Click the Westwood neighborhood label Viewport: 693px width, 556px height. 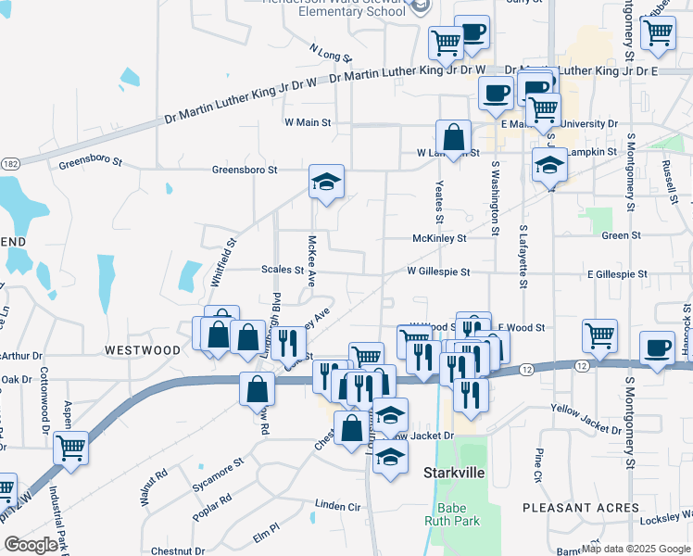point(143,350)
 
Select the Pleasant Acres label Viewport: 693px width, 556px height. point(581,508)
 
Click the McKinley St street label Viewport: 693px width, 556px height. point(439,238)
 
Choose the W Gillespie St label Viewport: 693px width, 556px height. point(438,272)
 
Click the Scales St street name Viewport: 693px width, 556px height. point(282,271)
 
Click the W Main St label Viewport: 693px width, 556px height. point(307,121)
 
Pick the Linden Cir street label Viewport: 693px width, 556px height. point(337,506)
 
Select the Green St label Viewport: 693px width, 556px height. point(621,235)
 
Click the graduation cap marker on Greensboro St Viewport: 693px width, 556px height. point(326,182)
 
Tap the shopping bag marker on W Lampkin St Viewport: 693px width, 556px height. point(454,137)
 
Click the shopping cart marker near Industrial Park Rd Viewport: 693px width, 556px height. point(70,448)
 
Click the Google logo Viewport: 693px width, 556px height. point(31,545)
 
